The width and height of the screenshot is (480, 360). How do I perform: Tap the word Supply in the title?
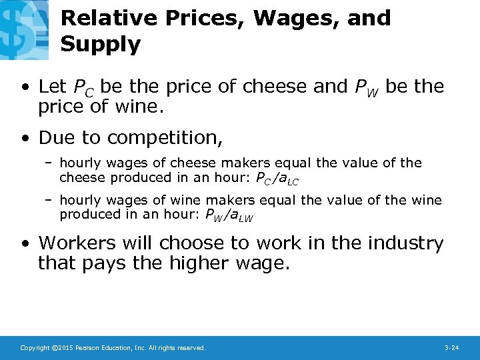[x=101, y=45]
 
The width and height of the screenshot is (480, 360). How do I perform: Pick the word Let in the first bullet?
[x=53, y=87]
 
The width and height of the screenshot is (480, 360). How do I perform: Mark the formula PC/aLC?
[x=273, y=179]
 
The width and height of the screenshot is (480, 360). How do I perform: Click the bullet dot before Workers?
[x=25, y=244]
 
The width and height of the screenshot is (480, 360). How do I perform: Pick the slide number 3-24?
[x=451, y=348]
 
